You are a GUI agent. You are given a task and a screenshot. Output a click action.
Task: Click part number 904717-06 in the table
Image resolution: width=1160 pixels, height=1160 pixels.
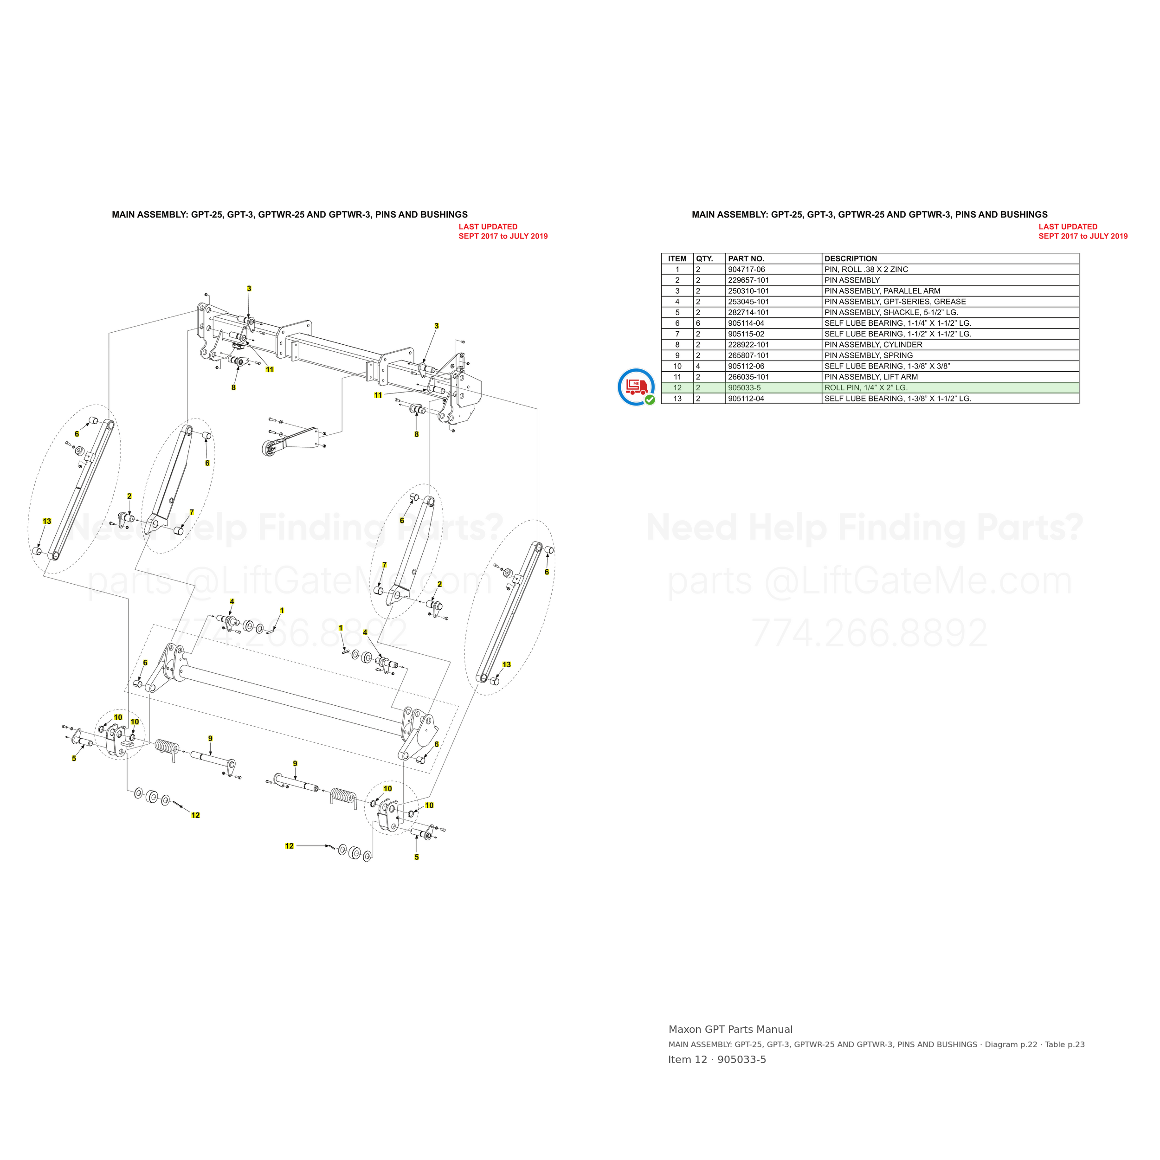coord(746,270)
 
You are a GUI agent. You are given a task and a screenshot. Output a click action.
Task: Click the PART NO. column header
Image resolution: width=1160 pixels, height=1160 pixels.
coord(746,259)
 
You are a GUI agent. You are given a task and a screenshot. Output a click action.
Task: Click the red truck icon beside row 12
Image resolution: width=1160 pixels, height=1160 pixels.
coord(637,387)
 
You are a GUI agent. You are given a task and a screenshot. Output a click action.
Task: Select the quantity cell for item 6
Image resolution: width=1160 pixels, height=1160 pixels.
coord(698,323)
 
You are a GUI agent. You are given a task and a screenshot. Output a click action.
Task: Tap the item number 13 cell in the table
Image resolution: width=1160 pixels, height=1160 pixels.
coord(677,399)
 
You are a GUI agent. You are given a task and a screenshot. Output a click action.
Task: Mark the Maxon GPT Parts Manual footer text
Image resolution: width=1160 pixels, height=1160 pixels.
coord(730,1029)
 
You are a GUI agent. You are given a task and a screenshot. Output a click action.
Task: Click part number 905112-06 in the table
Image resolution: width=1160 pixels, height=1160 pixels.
coord(746,366)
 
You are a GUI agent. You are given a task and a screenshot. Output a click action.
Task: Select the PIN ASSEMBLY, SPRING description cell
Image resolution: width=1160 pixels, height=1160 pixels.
coord(868,355)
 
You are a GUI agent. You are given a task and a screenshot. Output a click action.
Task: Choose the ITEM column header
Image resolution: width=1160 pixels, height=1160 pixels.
coord(677,259)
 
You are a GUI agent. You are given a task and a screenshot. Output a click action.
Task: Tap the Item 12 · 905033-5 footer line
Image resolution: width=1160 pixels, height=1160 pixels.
coord(717,1060)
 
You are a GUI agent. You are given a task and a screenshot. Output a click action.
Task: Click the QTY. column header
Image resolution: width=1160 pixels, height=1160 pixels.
coord(704,259)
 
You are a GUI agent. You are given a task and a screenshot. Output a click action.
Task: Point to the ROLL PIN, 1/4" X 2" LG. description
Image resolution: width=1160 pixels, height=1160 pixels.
coord(866,388)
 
